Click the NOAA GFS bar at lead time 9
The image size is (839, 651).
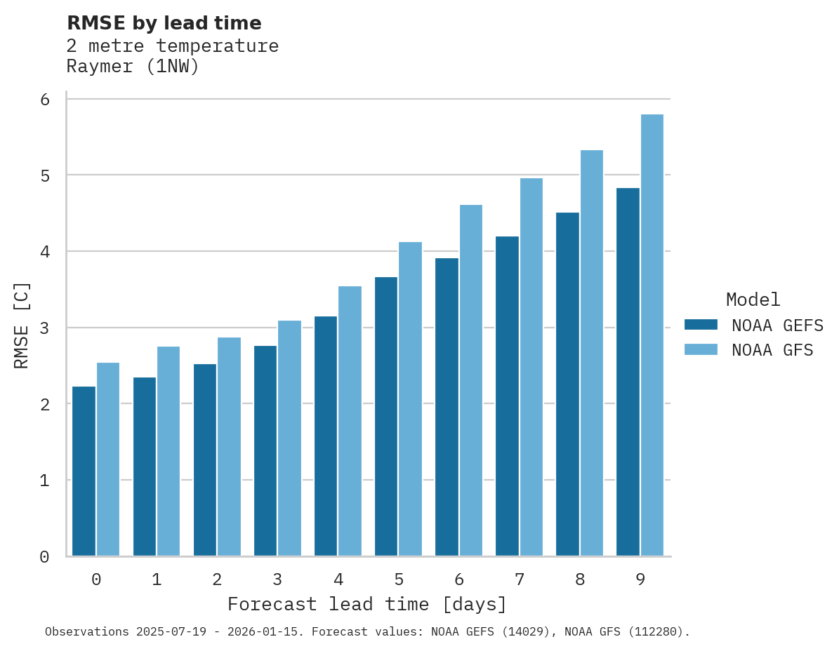coord(652,335)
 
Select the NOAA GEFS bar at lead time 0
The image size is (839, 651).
coord(84,471)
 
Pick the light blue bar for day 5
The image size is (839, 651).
coord(411,399)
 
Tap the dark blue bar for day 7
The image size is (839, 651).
coord(507,396)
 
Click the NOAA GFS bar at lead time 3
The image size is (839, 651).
coord(290,438)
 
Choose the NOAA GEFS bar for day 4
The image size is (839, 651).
coord(326,436)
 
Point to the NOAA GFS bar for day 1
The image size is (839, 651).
coord(169,451)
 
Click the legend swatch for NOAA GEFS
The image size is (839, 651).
coord(701,325)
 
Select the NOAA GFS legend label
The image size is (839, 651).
coord(772,350)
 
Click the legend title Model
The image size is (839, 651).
coord(753,300)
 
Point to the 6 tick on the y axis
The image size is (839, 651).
coord(45,100)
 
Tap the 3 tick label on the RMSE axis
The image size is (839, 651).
coord(45,328)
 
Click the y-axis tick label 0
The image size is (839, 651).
coord(45,557)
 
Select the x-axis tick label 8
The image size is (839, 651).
coord(580,579)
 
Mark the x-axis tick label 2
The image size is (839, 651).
coord(217,579)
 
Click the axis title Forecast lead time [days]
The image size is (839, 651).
coord(367,604)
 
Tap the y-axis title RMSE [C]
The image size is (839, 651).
coord(22,325)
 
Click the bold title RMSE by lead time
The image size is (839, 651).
coord(164,23)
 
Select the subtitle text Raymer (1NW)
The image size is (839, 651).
coord(133,67)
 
